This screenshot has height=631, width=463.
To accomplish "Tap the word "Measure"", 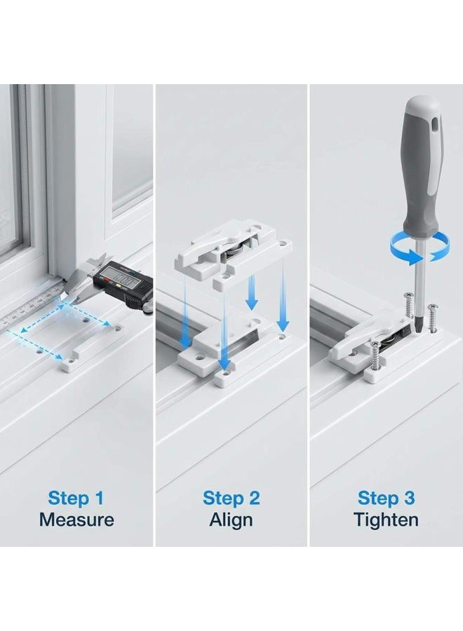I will pyautogui.click(x=76, y=520).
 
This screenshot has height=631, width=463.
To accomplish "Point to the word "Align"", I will pyautogui.click(x=231, y=520).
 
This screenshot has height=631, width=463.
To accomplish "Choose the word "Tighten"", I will pyautogui.click(x=386, y=520).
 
